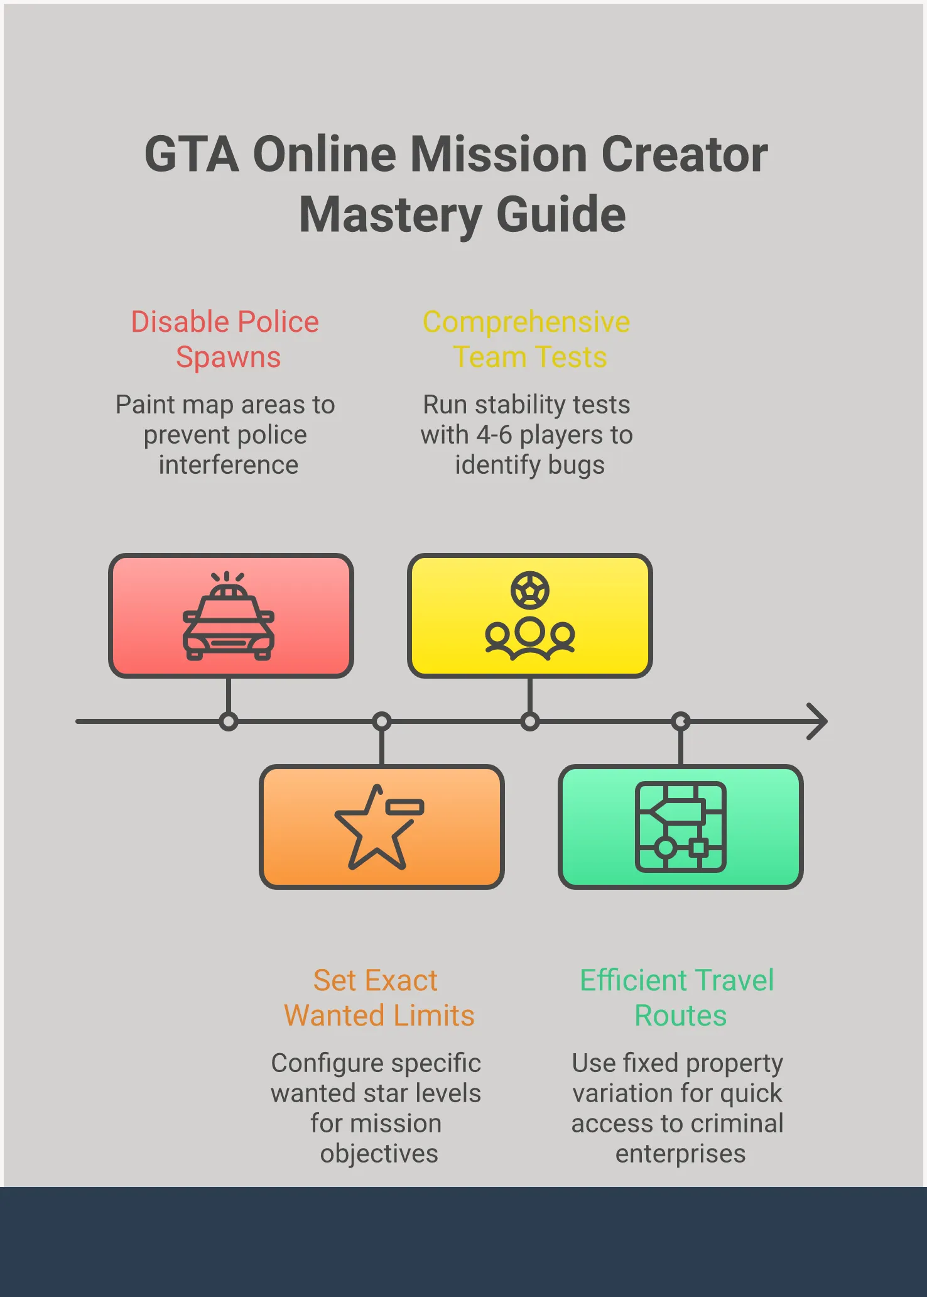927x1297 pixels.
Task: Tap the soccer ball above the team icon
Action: [529, 590]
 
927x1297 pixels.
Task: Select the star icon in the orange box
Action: [375, 829]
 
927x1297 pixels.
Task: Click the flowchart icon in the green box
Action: [681, 827]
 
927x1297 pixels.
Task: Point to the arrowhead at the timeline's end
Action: [818, 721]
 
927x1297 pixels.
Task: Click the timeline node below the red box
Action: [229, 721]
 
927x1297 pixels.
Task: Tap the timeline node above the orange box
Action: [382, 721]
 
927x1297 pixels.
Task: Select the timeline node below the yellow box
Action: [530, 721]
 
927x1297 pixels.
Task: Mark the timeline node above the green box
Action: [681, 721]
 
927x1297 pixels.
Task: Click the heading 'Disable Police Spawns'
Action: [225, 339]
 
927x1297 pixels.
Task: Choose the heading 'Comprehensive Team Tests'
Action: [526, 339]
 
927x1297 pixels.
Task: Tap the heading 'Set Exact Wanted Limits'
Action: [379, 998]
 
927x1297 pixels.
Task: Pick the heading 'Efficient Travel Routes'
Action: [678, 998]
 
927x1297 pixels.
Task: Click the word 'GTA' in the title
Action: [192, 155]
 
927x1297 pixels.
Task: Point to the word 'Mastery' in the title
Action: [390, 215]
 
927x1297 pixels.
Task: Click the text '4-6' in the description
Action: [494, 435]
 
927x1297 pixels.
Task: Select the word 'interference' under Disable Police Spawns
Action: [229, 465]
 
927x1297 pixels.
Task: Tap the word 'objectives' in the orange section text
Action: [379, 1154]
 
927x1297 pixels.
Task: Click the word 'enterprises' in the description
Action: [680, 1154]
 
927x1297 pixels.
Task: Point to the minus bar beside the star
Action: [405, 807]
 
